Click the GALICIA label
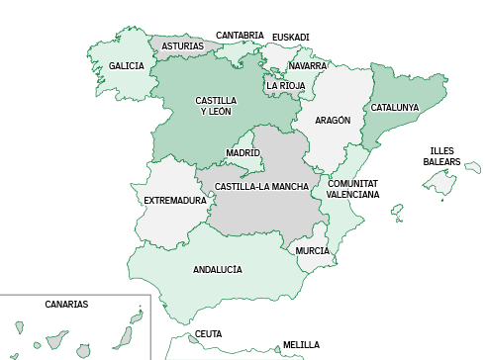[127, 66]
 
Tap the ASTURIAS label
[183, 46]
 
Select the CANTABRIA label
[240, 36]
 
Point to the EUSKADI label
[291, 38]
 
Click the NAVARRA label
[308, 66]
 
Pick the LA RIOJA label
[285, 86]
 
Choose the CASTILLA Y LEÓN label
[216, 106]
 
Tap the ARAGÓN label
[333, 121]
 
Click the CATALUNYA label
[395, 108]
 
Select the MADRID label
[242, 153]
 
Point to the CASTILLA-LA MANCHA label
[261, 187]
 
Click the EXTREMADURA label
[175, 201]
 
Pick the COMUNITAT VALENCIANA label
[353, 189]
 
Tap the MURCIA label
[313, 251]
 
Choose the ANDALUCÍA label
[218, 269]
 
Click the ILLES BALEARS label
[441, 156]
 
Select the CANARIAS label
[66, 305]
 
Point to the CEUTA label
[208, 334]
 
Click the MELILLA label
[301, 345]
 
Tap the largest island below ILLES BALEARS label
[441, 183]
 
